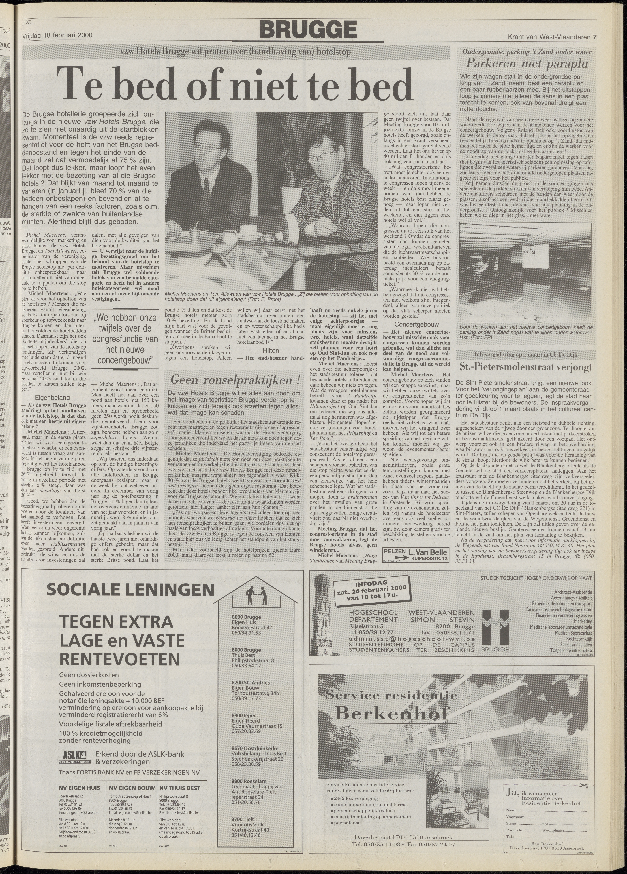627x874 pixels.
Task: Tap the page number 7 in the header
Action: (595, 37)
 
